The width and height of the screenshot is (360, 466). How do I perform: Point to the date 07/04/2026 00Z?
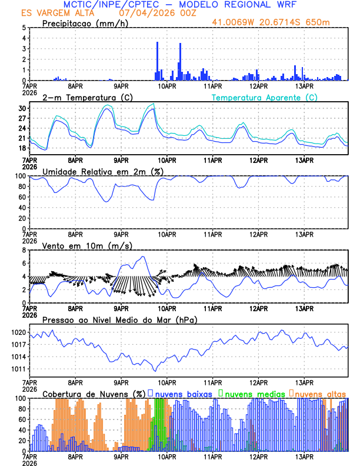click(151, 13)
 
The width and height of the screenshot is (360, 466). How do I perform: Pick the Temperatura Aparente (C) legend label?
click(264, 97)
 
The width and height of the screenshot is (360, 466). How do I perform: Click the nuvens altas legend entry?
click(319, 394)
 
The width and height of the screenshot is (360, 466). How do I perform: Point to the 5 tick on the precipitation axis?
click(24, 28)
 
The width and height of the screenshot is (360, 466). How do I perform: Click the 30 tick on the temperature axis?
click(22, 109)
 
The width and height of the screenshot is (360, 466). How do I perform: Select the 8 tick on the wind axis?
click(24, 250)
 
